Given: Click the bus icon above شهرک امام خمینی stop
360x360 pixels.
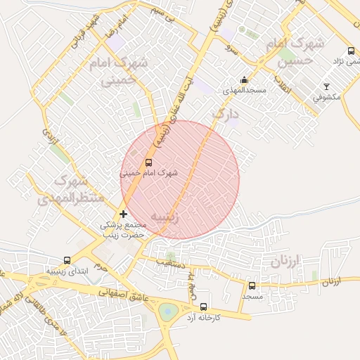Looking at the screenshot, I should [148, 162].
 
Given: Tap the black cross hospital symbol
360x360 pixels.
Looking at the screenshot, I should [124, 214].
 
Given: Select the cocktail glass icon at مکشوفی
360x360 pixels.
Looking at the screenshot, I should [326, 86].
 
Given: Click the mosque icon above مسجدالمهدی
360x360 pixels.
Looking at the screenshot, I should [244, 80].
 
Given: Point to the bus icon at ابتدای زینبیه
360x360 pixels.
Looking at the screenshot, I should [67, 260].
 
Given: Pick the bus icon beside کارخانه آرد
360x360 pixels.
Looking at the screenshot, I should [203, 307].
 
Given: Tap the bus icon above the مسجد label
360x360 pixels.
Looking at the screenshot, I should [252, 285].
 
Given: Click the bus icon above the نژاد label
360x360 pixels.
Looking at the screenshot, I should [351, 51].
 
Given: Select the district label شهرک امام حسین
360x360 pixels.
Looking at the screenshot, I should [295, 52].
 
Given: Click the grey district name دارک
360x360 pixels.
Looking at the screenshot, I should [225, 112].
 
